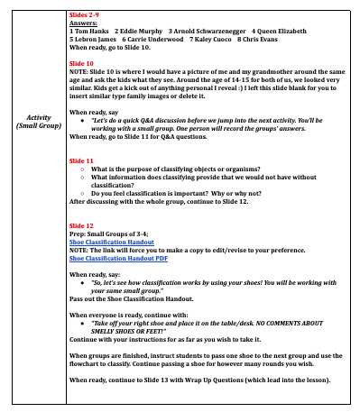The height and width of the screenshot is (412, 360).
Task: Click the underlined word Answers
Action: coord(84,25)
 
